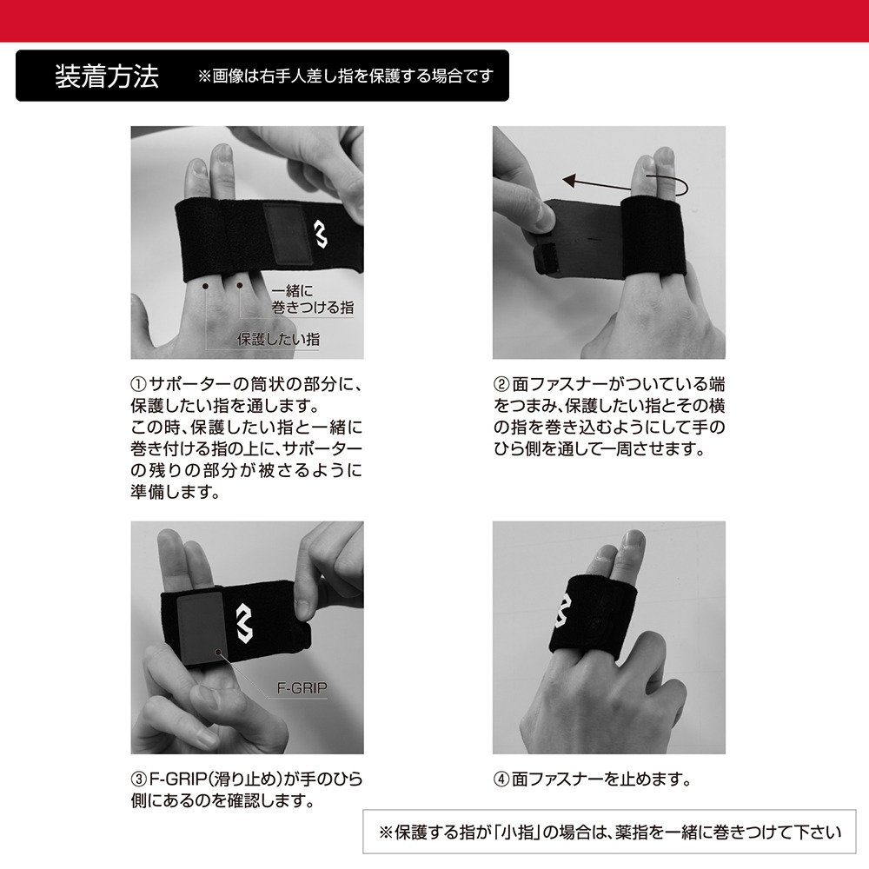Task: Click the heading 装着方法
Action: point(106,76)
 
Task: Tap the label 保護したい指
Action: point(277,340)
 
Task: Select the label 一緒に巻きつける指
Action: point(311,300)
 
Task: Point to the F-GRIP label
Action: point(297,687)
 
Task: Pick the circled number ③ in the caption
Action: point(139,779)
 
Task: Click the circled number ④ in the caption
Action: point(501,779)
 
